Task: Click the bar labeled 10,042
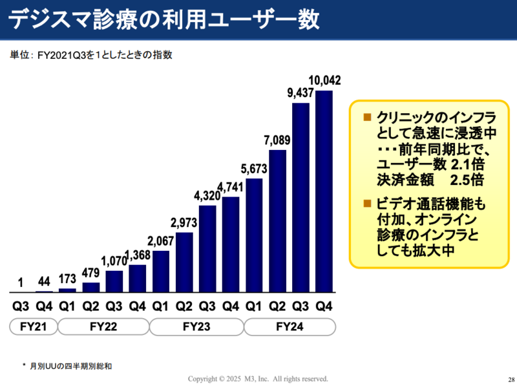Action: pyautogui.click(x=324, y=191)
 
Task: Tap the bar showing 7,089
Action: pyautogui.click(x=277, y=221)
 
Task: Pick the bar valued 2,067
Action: pyautogui.click(x=161, y=272)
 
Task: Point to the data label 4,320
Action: pyautogui.click(x=207, y=197)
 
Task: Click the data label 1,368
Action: pyautogui.click(x=138, y=256)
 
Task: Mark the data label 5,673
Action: pyautogui.click(x=254, y=170)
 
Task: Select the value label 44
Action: pyautogui.click(x=44, y=283)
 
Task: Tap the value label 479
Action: pyautogui.click(x=91, y=273)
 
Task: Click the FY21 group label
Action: pyautogui.click(x=32, y=327)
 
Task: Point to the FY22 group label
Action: pyautogui.click(x=103, y=327)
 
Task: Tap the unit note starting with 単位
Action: pyautogui.click(x=90, y=56)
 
